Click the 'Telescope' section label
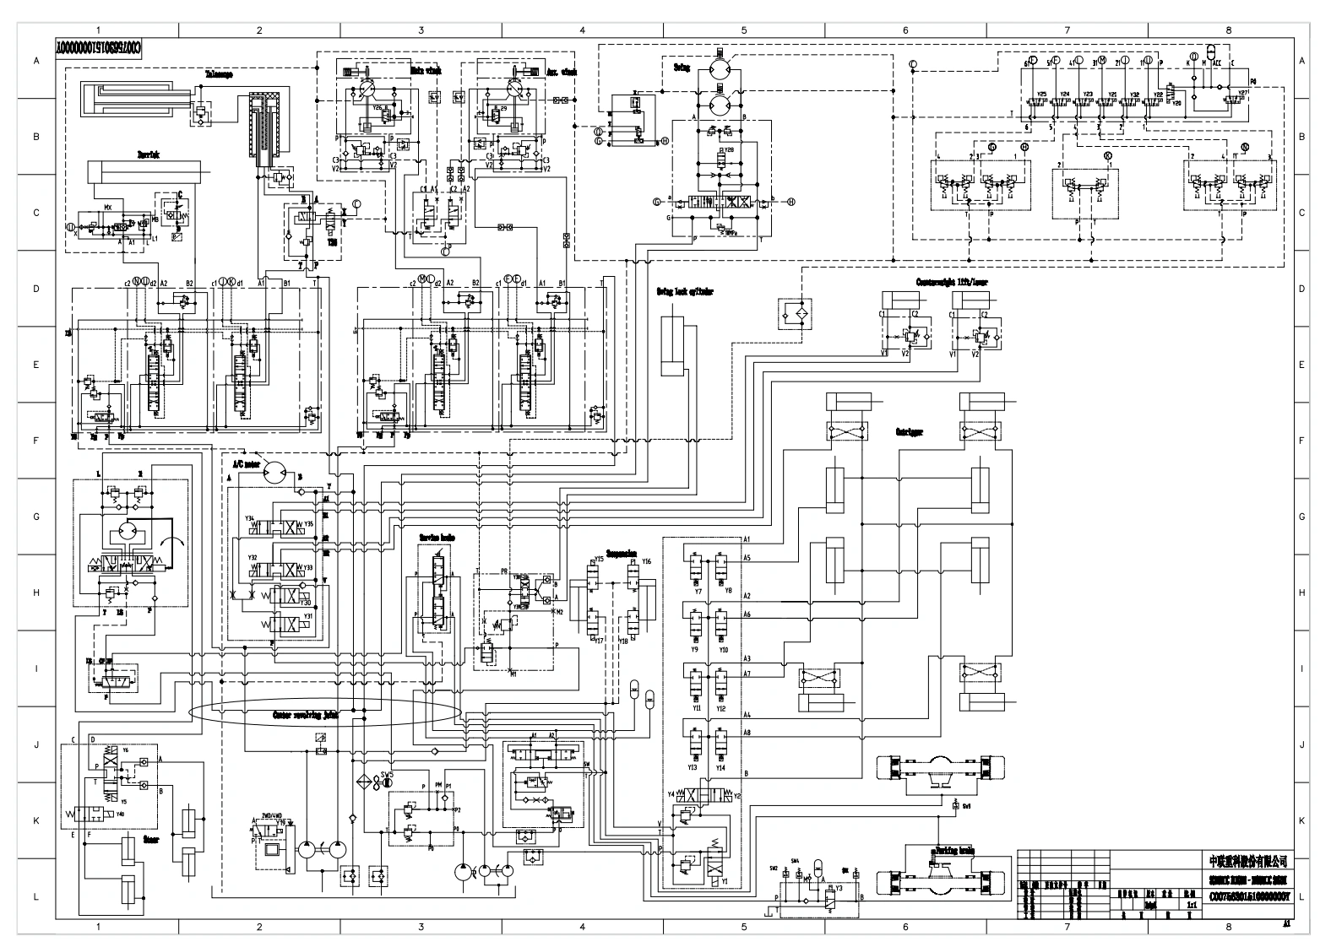219,74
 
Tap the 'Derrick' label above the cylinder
149,154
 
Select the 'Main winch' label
426,72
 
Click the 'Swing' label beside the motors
682,68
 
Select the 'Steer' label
151,840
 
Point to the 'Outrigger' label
909,431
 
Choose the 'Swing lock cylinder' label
685,292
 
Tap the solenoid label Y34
250,517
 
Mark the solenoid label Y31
308,616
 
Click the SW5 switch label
387,773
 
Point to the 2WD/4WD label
272,816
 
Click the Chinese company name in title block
1247,861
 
